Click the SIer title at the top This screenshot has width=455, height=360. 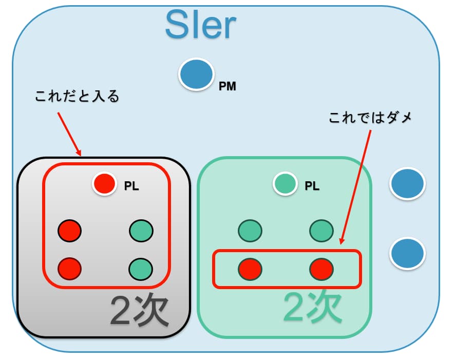coord(201,25)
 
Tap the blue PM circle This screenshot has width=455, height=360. coord(196,75)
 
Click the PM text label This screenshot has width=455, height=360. coord(227,87)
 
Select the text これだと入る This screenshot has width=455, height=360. coord(77,97)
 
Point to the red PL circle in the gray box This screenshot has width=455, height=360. coord(104,184)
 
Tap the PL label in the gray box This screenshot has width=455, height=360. coord(131,186)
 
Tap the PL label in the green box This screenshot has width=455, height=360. coord(312,186)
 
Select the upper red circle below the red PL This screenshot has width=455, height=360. coord(69,231)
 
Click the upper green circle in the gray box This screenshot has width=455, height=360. coord(141,231)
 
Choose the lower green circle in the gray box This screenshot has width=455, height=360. coord(141,268)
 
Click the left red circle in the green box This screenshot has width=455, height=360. coord(250,268)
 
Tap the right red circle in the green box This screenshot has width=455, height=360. coord(322,268)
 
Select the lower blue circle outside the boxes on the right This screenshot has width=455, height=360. coord(408,253)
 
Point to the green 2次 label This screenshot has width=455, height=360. coord(313,307)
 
